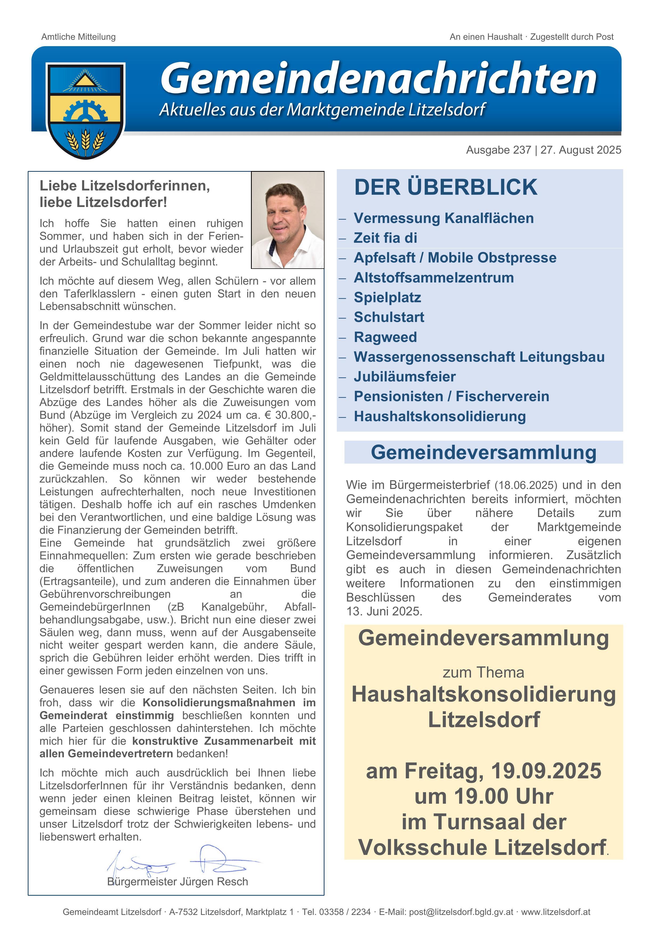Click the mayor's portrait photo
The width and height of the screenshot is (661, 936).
(287, 220)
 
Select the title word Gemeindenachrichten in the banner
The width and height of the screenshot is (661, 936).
(379, 77)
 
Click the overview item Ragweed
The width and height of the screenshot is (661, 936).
(385, 337)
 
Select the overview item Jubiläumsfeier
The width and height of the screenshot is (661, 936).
(404, 377)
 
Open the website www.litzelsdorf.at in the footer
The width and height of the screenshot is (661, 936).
(555, 912)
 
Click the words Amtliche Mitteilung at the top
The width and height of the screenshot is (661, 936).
(79, 37)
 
